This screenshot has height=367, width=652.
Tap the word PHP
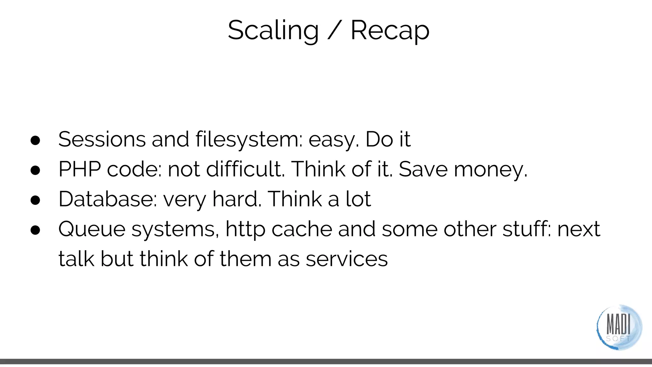point(80,169)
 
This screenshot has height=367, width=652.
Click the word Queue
point(92,229)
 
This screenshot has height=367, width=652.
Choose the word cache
point(302,229)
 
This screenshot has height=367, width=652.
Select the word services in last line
point(347,259)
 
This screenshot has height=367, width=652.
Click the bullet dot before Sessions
point(35,140)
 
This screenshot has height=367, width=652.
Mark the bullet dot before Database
point(35,200)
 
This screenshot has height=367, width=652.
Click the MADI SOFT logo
point(619,327)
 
